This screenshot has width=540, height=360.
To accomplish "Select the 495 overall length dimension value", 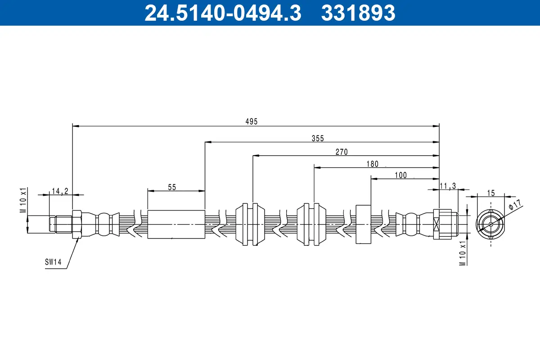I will [x=252, y=122].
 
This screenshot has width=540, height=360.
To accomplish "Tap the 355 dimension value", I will [x=318, y=138].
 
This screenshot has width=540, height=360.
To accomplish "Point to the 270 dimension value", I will [x=342, y=152].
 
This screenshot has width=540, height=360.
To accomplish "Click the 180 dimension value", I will [x=372, y=164].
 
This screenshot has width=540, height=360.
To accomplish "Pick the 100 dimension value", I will [x=400, y=175].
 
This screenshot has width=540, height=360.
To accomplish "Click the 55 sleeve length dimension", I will [x=172, y=187].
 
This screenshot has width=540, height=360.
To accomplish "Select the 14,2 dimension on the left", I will [x=60, y=191].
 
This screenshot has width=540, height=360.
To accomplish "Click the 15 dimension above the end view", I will [x=490, y=193].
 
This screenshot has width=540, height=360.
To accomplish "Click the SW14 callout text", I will [x=53, y=261].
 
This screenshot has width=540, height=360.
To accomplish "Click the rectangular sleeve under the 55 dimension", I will [x=176, y=224].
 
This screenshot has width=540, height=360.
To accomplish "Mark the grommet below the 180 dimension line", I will [x=311, y=224].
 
